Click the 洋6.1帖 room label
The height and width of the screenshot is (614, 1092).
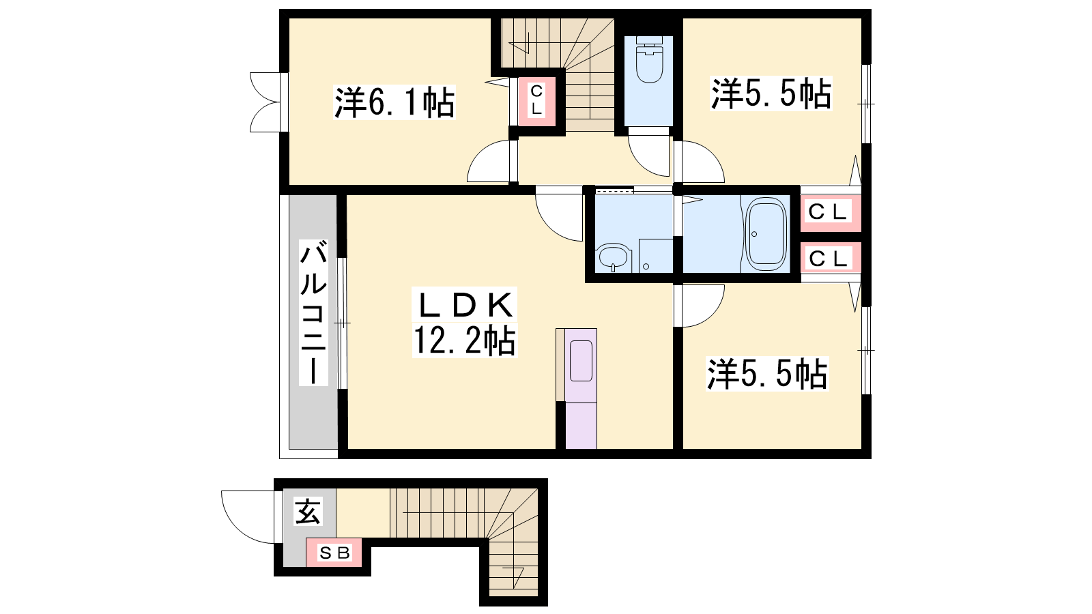point(394,102)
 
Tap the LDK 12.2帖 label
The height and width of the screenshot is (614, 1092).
point(465,322)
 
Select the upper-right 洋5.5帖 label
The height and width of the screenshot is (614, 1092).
point(771,93)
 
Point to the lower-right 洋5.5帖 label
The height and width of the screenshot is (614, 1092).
point(767,375)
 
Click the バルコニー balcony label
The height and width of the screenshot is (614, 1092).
point(313,312)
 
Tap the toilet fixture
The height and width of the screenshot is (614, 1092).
point(649,59)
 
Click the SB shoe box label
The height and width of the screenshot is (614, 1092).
point(334,553)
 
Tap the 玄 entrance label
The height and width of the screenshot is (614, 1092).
point(308,511)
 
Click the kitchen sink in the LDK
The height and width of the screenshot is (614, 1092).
point(581,361)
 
